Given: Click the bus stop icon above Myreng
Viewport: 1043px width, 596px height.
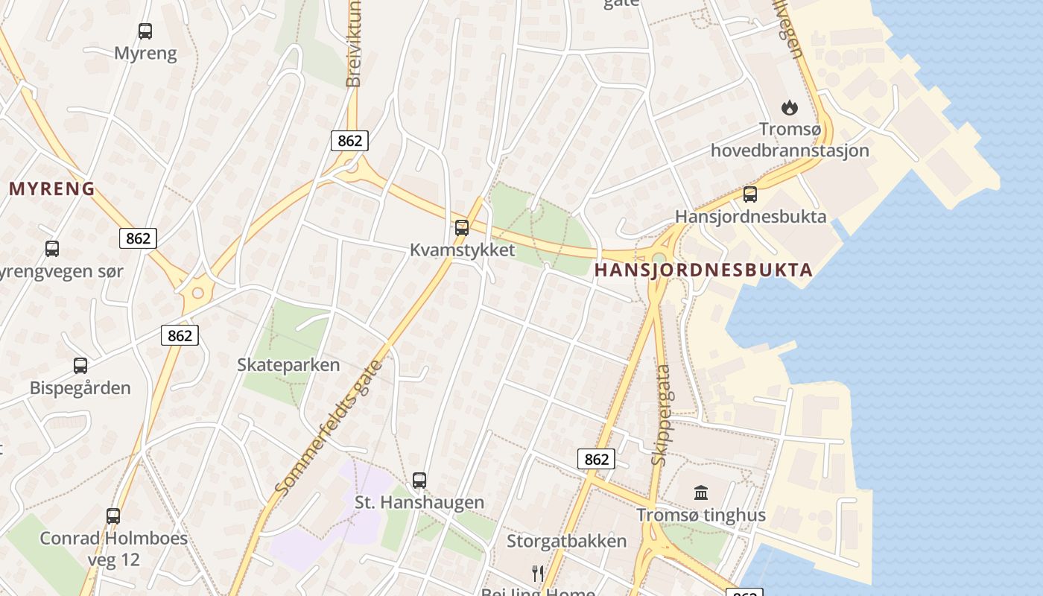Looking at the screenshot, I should click(x=145, y=31).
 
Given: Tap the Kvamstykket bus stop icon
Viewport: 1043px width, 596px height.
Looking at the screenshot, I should click(x=462, y=228).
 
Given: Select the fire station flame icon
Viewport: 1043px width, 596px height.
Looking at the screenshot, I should click(x=789, y=108).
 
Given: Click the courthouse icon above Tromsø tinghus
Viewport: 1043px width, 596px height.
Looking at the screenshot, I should click(x=701, y=492).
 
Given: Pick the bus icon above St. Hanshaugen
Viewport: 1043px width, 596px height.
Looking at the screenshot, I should click(x=419, y=481).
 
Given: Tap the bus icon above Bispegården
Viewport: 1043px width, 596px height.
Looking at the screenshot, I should click(x=80, y=366).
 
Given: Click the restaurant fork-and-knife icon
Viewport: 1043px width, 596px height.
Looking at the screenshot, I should click(x=538, y=573).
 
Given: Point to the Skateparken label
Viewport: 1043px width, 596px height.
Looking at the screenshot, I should click(x=288, y=365).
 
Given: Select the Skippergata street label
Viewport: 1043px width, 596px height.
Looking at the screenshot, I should click(x=661, y=415).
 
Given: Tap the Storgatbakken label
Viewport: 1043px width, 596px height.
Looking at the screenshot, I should click(x=566, y=541).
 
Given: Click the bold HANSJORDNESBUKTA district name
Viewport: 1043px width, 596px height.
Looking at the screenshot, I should click(x=703, y=270).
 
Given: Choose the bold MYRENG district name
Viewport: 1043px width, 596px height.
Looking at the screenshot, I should click(x=52, y=188).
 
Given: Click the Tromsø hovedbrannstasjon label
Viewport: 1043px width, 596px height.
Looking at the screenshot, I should click(x=790, y=140).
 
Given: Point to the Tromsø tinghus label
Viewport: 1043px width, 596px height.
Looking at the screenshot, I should click(x=700, y=515).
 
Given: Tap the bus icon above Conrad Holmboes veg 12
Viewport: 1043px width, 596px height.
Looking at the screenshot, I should click(x=113, y=516).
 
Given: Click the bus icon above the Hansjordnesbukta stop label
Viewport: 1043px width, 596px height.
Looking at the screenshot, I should click(x=750, y=194).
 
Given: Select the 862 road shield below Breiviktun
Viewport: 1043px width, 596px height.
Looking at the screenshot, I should click(x=349, y=141).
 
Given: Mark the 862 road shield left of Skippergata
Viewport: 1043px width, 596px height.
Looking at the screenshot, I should click(x=596, y=460).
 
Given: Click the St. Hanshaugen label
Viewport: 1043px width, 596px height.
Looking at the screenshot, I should click(x=419, y=503).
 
